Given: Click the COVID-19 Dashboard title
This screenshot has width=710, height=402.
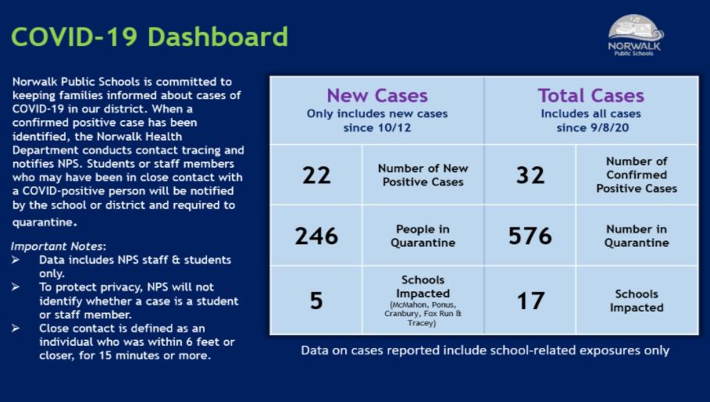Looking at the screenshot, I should (x=149, y=37).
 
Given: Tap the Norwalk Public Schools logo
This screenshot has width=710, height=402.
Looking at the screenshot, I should (x=634, y=34).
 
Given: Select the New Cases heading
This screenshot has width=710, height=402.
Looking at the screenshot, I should (x=376, y=95).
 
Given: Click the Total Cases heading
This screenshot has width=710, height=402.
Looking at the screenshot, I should (x=590, y=95).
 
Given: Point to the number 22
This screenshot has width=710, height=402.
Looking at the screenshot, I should (x=316, y=176).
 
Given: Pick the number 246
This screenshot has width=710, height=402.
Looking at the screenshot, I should (x=316, y=236).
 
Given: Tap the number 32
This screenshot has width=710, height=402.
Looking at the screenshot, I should (x=530, y=176).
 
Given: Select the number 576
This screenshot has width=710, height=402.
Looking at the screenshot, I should (x=530, y=236).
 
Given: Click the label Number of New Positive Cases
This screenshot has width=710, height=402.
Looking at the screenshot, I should (x=423, y=175).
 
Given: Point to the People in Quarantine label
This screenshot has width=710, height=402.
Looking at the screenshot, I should (x=423, y=236).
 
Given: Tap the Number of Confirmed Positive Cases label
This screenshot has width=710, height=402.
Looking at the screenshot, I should (x=637, y=175).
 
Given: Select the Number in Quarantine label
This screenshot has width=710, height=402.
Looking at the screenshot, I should (x=637, y=236).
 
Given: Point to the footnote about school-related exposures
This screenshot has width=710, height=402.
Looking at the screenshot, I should (x=485, y=350).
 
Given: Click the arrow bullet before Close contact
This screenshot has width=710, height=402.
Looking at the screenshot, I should (x=16, y=329).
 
